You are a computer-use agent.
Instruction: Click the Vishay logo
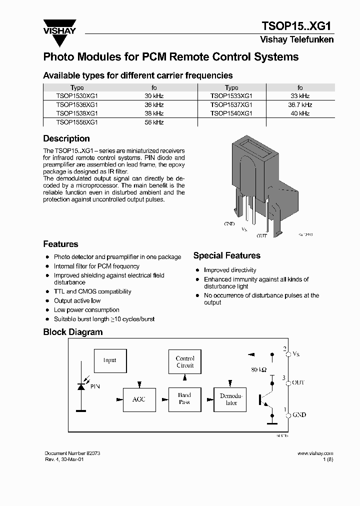point(59,28)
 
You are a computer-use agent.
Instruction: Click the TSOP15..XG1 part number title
point(297,26)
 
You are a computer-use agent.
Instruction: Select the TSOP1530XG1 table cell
point(77,95)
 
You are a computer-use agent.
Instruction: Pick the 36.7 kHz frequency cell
point(300,104)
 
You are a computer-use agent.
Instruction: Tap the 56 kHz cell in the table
point(154,122)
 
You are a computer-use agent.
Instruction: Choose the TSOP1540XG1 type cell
point(231,113)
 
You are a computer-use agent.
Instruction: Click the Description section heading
point(66,138)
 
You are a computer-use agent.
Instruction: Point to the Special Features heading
point(226,255)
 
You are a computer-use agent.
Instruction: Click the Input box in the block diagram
point(110,360)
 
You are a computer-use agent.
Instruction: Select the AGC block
point(138,399)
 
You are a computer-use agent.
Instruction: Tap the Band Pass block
point(184,398)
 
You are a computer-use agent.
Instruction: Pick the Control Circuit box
point(185,362)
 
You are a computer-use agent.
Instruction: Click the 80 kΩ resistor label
point(258,370)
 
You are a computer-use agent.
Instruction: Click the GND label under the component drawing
point(229,224)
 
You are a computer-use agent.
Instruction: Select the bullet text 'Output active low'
point(77,300)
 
